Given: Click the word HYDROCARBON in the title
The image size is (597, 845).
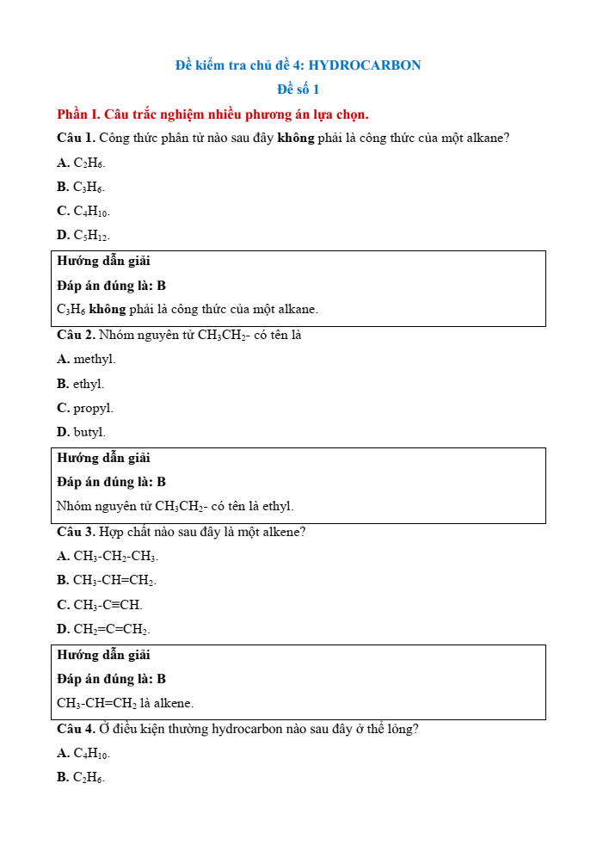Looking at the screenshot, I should click(365, 65).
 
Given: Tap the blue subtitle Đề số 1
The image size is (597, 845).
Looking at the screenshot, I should click(298, 89).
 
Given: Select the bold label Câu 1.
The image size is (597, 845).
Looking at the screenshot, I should click(76, 138).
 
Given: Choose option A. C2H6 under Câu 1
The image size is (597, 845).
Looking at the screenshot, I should click(82, 163).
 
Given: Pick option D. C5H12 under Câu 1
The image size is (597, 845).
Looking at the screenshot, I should click(83, 235).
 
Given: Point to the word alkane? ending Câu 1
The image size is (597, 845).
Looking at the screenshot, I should click(487, 138).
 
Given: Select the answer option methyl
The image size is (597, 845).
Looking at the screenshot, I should click(94, 359).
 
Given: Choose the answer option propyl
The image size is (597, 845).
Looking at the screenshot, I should click(93, 408).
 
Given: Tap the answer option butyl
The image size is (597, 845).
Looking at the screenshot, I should click(89, 432).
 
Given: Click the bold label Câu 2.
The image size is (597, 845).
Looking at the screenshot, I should click(76, 335).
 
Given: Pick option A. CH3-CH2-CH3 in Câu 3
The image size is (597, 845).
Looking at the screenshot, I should click(108, 557).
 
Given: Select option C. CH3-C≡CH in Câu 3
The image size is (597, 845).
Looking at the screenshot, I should click(100, 605).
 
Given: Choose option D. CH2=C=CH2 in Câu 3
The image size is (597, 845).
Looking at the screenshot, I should click(103, 629).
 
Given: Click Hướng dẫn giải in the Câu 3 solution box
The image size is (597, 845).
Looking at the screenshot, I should click(103, 655).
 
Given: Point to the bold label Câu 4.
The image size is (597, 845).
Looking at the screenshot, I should click(76, 729).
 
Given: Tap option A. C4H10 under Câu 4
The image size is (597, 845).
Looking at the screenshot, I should click(83, 754).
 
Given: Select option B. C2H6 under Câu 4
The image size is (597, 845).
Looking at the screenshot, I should click(81, 778).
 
